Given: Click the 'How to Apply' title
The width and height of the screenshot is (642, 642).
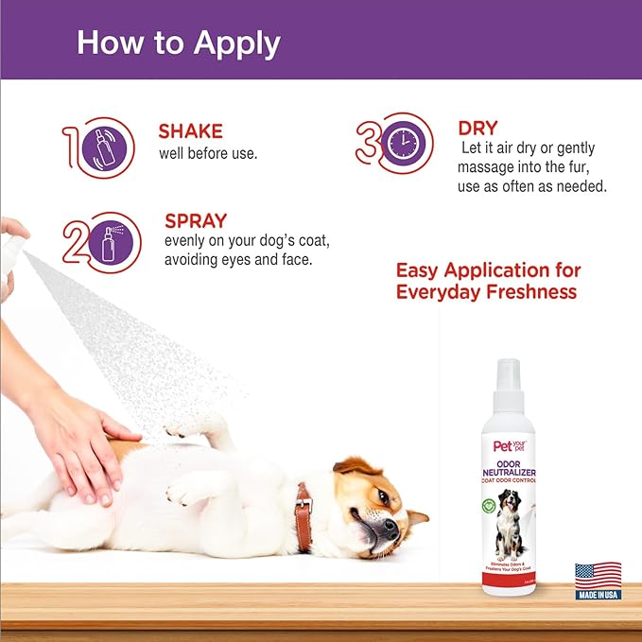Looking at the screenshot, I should click(x=179, y=43).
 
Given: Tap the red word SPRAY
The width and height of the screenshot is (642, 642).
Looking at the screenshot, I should click(x=195, y=221).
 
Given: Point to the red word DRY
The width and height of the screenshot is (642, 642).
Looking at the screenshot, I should click(x=477, y=128).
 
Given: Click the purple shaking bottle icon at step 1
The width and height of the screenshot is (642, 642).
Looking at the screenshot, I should click(x=112, y=147).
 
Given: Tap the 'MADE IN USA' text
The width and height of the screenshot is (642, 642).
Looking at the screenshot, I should click(x=599, y=594).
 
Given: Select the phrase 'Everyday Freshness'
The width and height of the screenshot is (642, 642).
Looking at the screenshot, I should click(x=486, y=292).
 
